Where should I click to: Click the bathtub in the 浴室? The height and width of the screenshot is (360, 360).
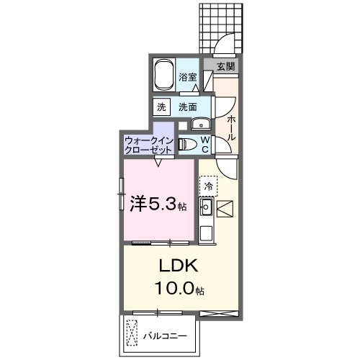(x=165, y=73)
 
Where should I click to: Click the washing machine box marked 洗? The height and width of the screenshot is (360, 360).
(x=162, y=107)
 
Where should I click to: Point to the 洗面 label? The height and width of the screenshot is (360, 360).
(x=188, y=107)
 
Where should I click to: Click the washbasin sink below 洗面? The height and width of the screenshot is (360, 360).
(x=202, y=122)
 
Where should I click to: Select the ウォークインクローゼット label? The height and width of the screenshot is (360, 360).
(x=148, y=145)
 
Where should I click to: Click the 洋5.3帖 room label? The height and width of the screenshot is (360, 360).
(x=158, y=204)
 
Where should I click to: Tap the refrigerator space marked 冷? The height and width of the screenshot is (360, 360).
(x=209, y=186)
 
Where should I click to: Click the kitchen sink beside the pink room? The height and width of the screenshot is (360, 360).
(x=205, y=209)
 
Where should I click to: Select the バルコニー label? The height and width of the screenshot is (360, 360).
(x=164, y=336)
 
